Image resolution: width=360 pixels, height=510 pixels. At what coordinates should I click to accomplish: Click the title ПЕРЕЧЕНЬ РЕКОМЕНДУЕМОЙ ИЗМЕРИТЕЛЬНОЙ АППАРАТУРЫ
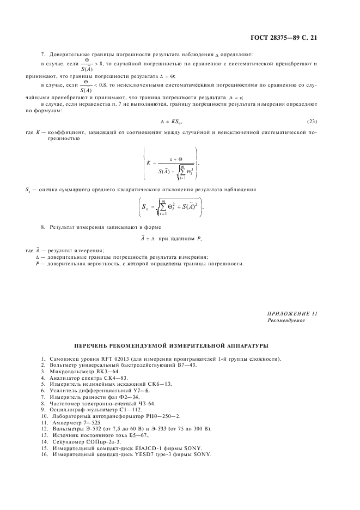point(170,345)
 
